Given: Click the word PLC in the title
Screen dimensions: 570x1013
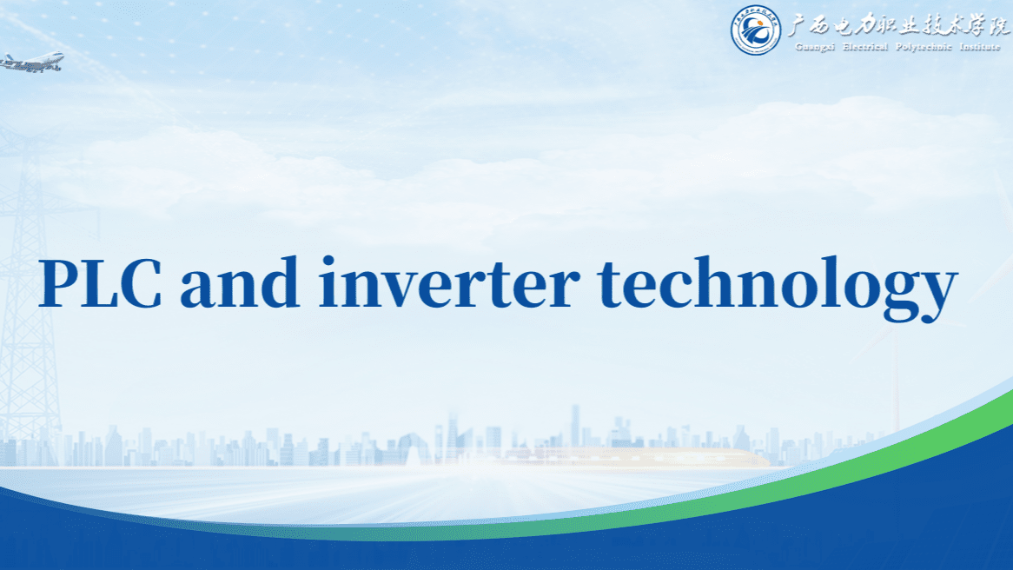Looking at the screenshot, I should tap(100, 284).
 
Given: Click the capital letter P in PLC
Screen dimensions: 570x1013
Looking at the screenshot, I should tap(58, 284).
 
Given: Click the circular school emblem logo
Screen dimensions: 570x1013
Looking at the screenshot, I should tap(755, 30).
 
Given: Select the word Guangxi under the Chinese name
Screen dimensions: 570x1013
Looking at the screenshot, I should tap(814, 47).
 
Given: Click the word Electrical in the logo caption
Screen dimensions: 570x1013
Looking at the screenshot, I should tap(865, 47).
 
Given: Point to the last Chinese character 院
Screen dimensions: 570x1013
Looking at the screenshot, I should tap(998, 26).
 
